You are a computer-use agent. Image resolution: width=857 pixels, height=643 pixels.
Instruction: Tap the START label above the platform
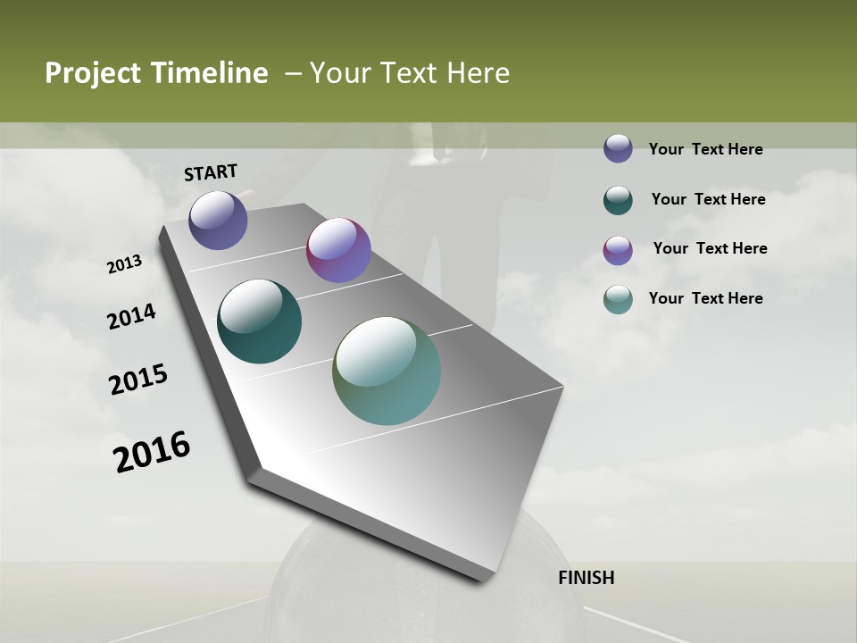[211, 172]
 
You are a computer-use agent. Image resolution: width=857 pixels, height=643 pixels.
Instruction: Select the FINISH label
[587, 578]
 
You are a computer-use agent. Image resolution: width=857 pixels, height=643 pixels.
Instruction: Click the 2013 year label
[124, 264]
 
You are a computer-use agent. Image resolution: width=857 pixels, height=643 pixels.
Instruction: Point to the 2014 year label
[131, 316]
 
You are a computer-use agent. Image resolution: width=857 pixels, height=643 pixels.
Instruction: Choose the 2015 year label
[138, 380]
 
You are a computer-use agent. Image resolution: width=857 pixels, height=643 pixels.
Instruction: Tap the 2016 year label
[152, 452]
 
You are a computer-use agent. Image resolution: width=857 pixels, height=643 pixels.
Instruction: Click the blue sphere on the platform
[218, 220]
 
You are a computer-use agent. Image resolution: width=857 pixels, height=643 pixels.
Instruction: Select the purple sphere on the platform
[338, 250]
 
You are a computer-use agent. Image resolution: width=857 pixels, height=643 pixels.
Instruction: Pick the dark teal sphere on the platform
[259, 321]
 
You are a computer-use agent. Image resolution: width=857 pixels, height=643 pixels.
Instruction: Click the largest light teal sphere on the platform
[387, 371]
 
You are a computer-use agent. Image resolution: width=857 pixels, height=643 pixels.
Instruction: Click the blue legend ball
[618, 148]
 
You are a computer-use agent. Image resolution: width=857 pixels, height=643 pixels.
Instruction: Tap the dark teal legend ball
[618, 200]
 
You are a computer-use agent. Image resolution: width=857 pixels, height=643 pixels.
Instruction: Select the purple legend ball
[618, 250]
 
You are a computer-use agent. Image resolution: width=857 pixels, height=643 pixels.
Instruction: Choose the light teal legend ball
[618, 299]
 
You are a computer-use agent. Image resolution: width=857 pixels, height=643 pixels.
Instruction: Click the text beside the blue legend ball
[705, 149]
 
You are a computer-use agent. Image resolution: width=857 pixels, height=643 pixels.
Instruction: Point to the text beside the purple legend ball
[710, 248]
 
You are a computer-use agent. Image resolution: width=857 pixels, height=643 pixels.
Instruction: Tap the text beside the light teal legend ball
[705, 298]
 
